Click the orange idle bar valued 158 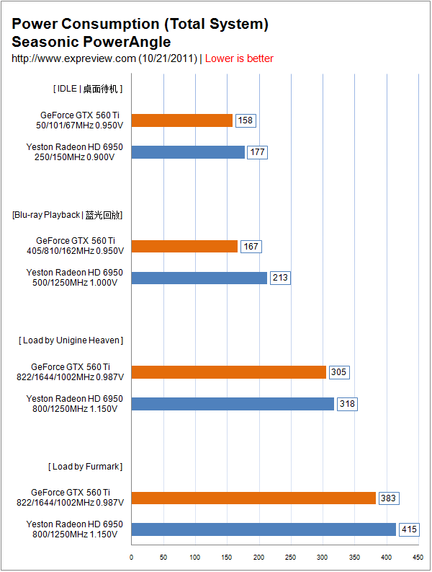[181, 120]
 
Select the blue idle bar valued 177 [188, 152]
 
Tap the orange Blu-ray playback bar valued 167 [184, 247]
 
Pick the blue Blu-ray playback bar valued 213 [199, 278]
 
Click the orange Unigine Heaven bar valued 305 [228, 372]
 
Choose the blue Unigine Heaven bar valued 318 [233, 404]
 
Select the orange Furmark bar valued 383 [253, 498]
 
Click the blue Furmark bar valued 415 [264, 529]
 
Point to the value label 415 [410, 529]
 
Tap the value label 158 [246, 120]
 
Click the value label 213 [280, 278]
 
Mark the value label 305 [338, 372]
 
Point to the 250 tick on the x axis [290, 558]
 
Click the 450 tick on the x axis [418, 558]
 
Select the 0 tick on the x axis [131, 558]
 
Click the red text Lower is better [239, 58]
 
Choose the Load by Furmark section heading [85, 467]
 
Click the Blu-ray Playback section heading [68, 215]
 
